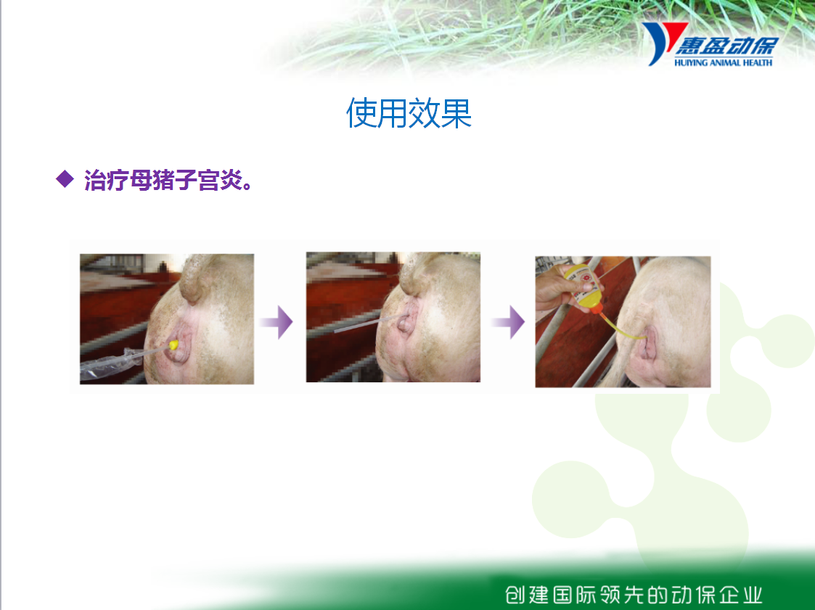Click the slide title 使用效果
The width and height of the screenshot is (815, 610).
[409, 113]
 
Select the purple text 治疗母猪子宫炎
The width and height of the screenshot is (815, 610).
[168, 181]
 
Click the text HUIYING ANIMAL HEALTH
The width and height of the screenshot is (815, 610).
[723, 62]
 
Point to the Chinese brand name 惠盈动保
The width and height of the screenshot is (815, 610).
[726, 46]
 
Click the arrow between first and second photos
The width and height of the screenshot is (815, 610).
[277, 322]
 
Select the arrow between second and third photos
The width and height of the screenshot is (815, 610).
[508, 322]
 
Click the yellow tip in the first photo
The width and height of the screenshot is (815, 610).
[173, 345]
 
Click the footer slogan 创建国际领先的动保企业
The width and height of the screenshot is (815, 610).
[634, 595]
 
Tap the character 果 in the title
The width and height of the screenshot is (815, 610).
[456, 113]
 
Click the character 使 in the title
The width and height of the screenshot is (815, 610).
[361, 113]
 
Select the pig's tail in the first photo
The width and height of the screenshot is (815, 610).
[195, 278]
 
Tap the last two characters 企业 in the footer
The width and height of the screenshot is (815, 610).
[741, 595]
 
